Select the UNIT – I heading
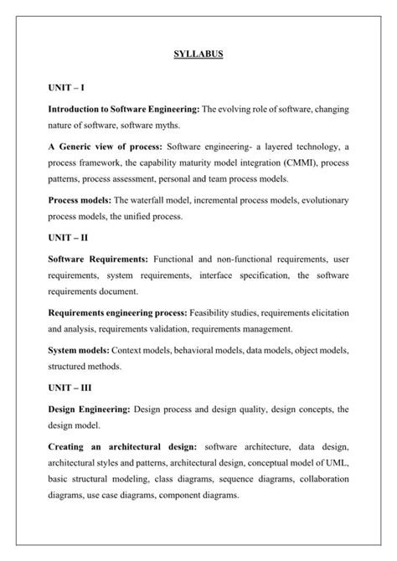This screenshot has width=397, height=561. [67, 87]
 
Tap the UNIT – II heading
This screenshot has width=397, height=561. [69, 236]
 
